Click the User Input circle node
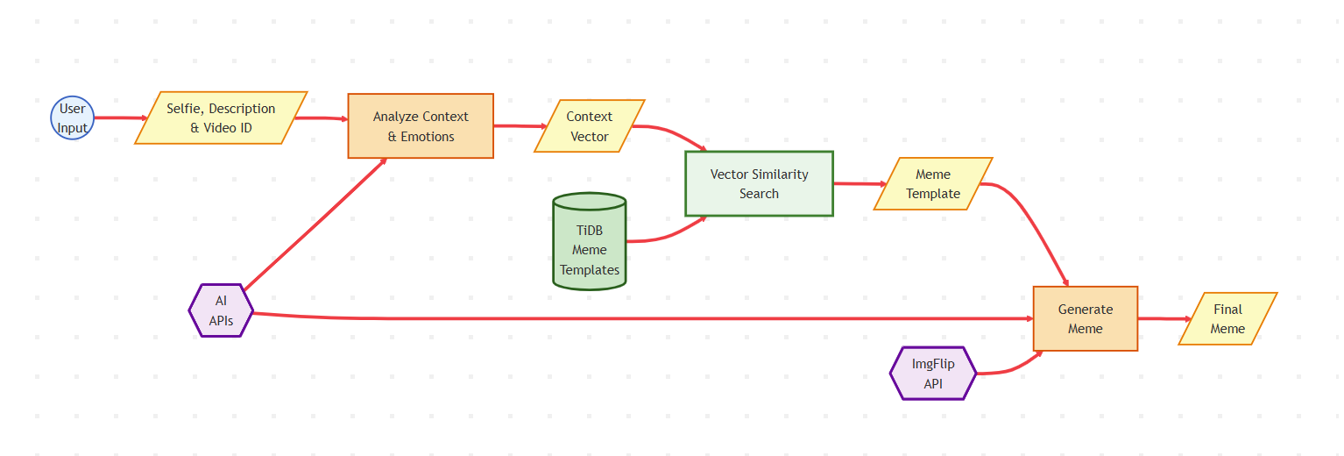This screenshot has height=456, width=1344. click(x=72, y=118)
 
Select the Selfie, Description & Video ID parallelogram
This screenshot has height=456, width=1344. click(x=221, y=118)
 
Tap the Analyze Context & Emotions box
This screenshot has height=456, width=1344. click(x=421, y=126)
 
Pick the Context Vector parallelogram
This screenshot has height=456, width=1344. click(x=589, y=126)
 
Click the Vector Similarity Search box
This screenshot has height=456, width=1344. click(x=759, y=184)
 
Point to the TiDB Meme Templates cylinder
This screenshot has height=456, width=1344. click(x=589, y=241)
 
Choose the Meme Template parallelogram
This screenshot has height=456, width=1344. click(x=933, y=184)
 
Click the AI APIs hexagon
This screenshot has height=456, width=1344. click(x=221, y=310)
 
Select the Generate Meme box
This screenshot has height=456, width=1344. click(x=1085, y=319)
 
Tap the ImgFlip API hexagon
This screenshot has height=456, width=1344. click(x=933, y=374)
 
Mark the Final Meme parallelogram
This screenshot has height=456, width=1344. click(x=1227, y=319)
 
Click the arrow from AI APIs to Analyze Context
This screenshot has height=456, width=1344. click(x=315, y=224)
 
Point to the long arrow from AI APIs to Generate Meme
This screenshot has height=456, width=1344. click(x=642, y=318)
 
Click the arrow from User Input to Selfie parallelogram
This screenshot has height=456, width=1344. click(x=121, y=118)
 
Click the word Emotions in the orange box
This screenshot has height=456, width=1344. click(x=428, y=137)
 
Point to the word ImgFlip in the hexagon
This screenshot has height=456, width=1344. click(x=933, y=364)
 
